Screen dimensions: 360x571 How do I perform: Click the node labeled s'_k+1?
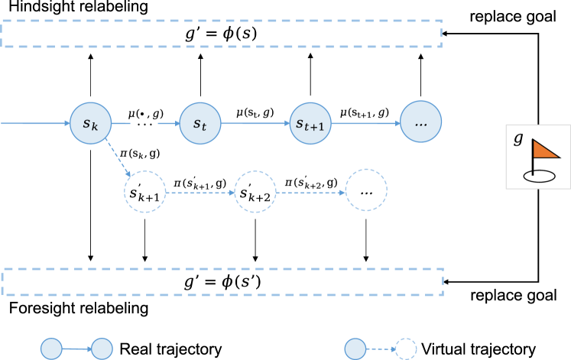tap(144, 192)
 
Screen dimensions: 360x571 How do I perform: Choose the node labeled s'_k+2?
tap(255, 192)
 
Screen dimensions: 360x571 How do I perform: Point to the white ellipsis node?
tap(366, 191)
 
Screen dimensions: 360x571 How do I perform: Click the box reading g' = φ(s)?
tap(222, 34)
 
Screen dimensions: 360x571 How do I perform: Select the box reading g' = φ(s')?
tap(222, 281)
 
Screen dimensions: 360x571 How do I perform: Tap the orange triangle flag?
tap(544, 149)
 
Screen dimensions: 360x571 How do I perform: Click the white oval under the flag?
tap(539, 176)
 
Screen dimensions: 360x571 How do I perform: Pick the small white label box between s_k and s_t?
tap(144, 121)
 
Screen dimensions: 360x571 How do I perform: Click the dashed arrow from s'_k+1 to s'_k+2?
tap(200, 193)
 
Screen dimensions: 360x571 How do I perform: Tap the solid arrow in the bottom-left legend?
tap(76, 349)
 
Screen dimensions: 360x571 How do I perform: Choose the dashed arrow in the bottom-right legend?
tap(380, 349)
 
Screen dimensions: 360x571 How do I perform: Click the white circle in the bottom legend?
tap(406, 349)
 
